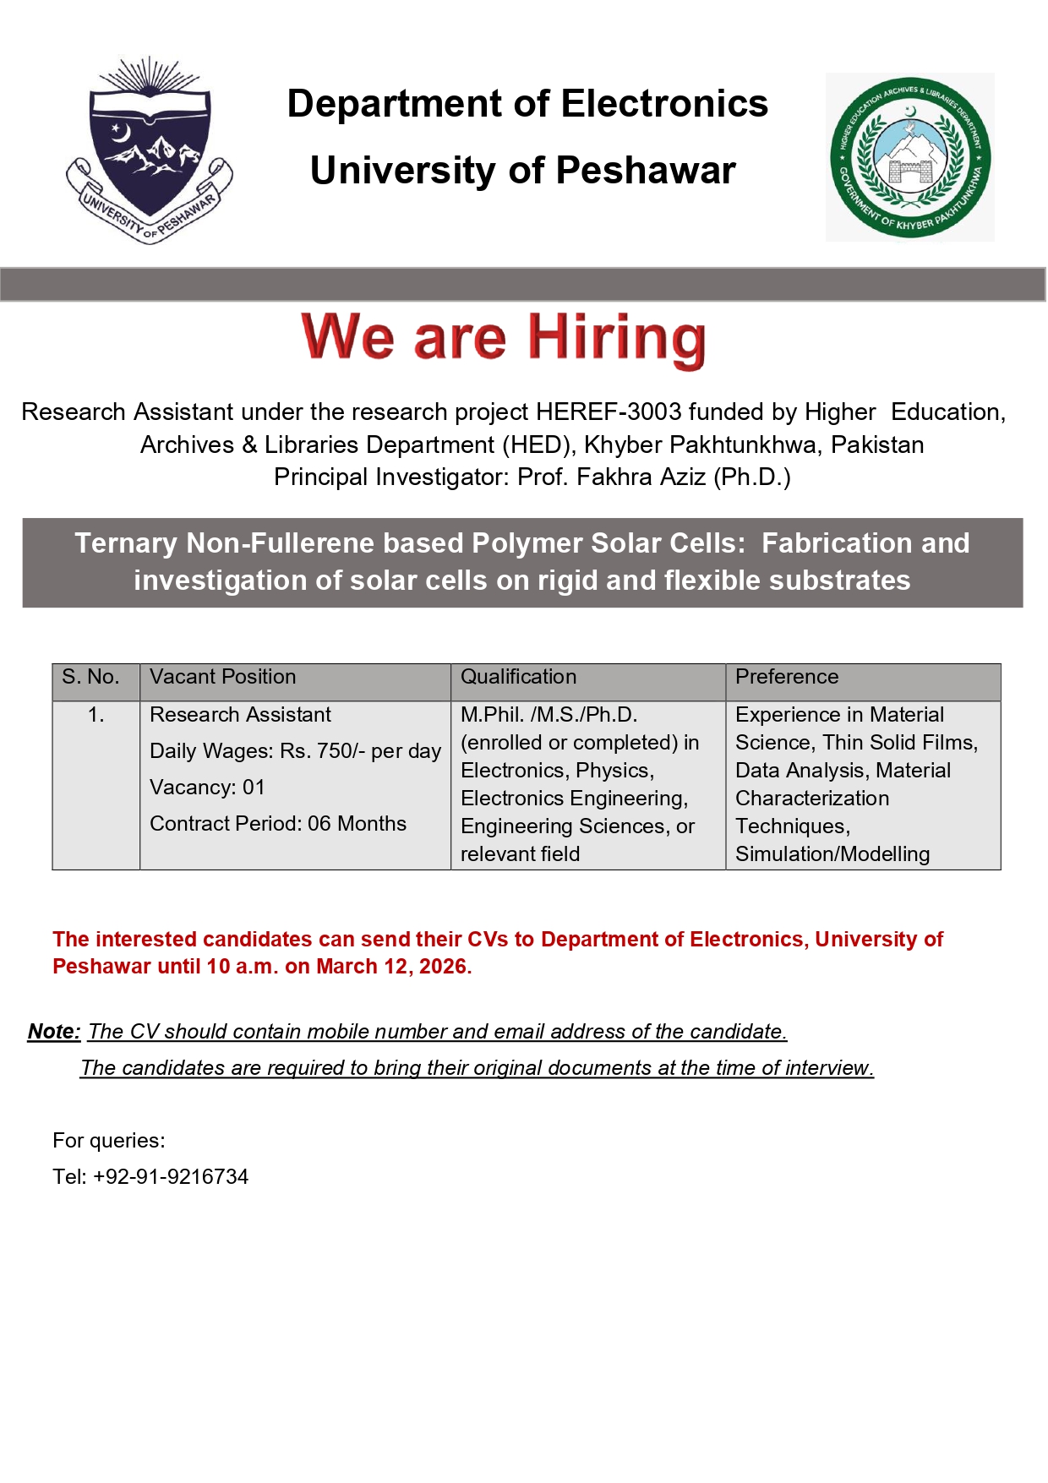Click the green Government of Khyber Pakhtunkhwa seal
click(x=910, y=157)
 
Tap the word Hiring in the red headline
click(x=617, y=339)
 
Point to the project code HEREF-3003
click(x=609, y=412)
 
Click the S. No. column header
click(x=90, y=677)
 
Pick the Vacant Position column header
click(x=222, y=677)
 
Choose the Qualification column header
click(x=518, y=677)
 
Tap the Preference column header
click(x=787, y=677)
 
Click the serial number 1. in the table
click(x=96, y=715)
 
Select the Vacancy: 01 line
click(x=207, y=788)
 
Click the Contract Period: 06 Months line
click(x=278, y=824)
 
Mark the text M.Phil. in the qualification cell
click(x=491, y=715)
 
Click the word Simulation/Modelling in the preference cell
click(x=832, y=854)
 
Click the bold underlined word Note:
click(x=54, y=1032)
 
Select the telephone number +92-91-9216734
click(x=171, y=1177)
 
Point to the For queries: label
click(x=109, y=1141)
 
